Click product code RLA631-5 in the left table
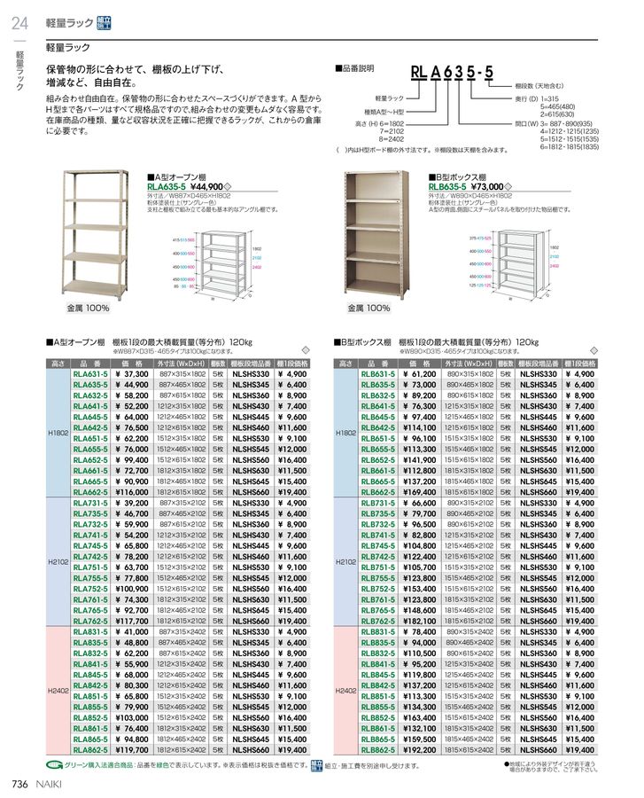click(90, 375)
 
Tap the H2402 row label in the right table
click(347, 690)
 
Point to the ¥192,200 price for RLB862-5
click(421, 749)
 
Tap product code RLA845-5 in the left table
click(90, 675)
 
